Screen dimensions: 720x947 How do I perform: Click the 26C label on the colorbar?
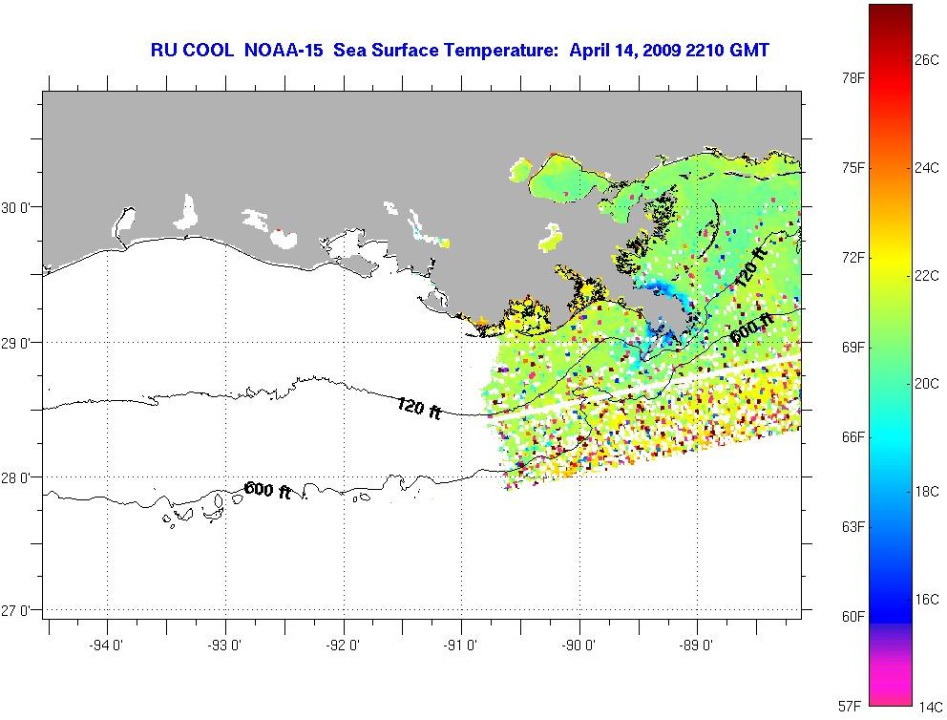coord(927,59)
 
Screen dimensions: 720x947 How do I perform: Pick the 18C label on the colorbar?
coord(927,491)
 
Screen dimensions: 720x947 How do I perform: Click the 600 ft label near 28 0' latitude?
coord(268,491)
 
